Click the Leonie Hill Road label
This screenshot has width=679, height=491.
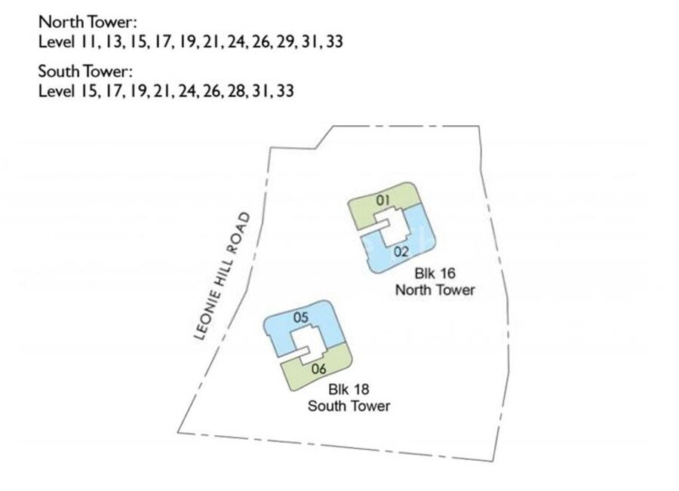[x=223, y=277]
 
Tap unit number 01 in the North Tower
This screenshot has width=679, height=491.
[x=383, y=200]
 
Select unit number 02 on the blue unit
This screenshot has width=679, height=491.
[x=401, y=251]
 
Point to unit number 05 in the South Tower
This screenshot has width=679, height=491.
[x=300, y=318]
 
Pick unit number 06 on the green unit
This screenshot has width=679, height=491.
[x=318, y=369]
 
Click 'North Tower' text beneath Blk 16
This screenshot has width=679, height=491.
[x=435, y=290]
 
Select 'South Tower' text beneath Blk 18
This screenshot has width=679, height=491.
[x=349, y=406]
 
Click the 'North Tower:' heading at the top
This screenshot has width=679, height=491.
[x=88, y=22]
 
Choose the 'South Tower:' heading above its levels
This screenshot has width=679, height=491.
[x=86, y=72]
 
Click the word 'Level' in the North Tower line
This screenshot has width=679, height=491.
[x=56, y=41]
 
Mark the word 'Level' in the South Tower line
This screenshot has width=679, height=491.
[x=56, y=92]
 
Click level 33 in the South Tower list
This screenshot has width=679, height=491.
[x=285, y=92]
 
